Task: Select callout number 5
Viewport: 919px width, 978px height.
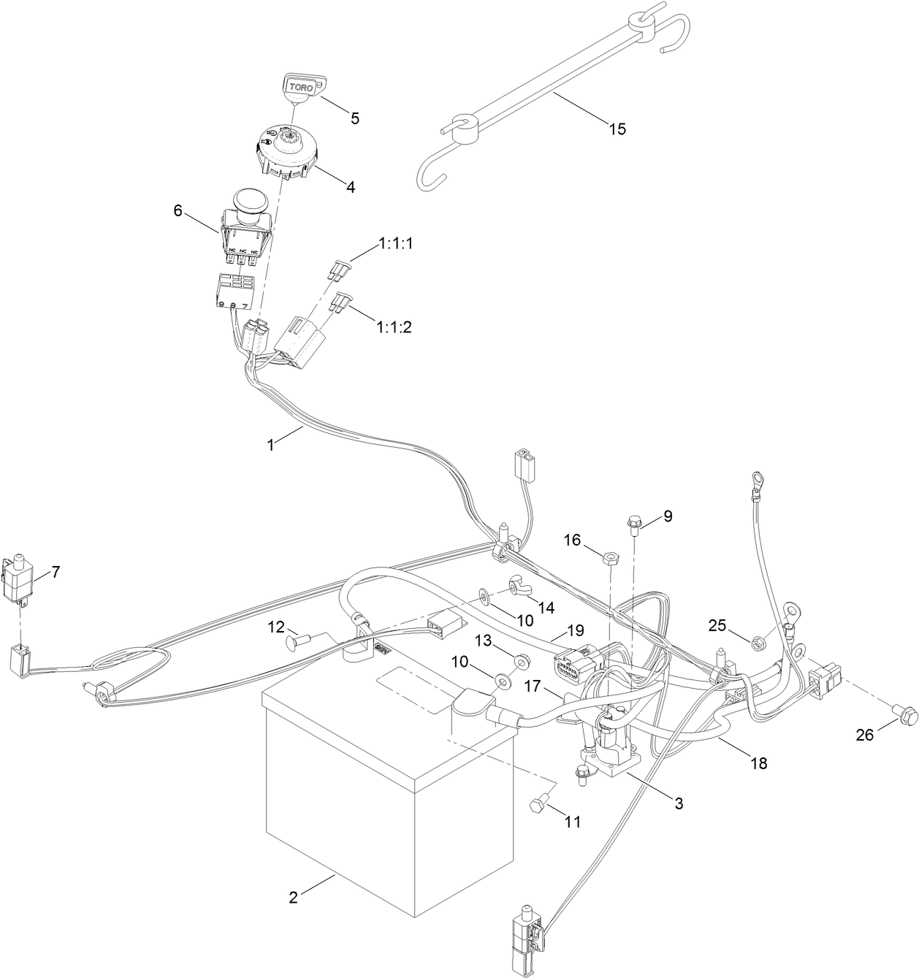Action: [x=354, y=118]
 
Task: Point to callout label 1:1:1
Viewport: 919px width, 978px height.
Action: [x=395, y=244]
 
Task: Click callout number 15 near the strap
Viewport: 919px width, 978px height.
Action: [x=617, y=129]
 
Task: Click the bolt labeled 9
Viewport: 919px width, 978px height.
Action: [x=633, y=523]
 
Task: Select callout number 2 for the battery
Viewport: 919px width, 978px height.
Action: [x=293, y=898]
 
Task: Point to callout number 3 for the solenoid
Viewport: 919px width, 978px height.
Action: [x=678, y=803]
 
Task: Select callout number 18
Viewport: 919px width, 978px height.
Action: [x=758, y=763]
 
